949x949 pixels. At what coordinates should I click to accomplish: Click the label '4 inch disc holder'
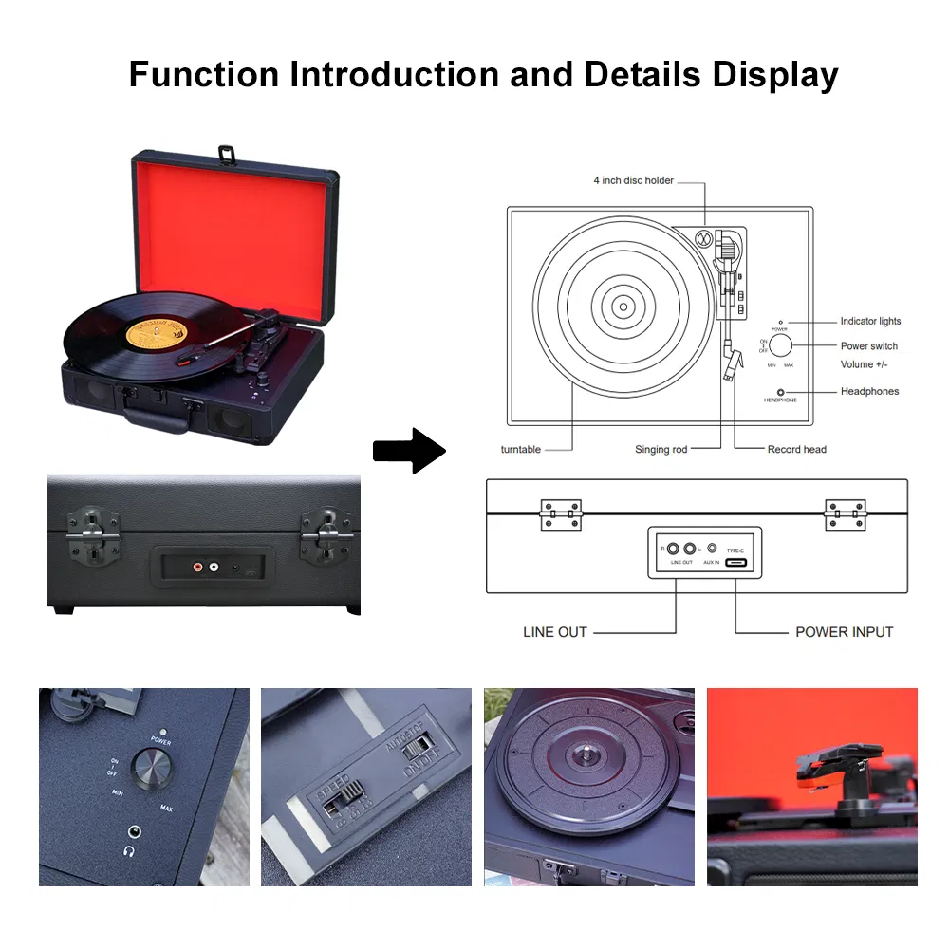point(633,180)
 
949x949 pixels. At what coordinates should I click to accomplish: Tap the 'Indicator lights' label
point(870,322)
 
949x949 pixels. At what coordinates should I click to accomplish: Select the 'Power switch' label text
point(868,346)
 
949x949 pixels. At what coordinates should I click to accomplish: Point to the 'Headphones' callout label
point(869,391)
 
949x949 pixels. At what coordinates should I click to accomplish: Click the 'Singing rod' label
point(661,450)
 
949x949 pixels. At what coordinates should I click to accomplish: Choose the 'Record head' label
point(796,450)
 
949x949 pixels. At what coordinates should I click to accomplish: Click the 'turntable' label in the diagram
point(521,450)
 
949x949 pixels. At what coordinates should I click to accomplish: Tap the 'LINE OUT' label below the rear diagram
point(555,632)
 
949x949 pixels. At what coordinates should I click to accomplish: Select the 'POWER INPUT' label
point(844,632)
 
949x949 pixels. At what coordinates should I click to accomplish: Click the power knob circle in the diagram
point(780,345)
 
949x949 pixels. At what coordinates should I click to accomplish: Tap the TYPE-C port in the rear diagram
point(735,563)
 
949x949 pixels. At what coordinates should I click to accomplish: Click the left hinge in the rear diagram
point(560,515)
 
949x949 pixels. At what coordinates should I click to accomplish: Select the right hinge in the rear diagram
point(845,515)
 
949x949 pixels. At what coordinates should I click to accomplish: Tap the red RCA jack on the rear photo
point(197,568)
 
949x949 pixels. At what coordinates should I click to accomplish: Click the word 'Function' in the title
point(204,74)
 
